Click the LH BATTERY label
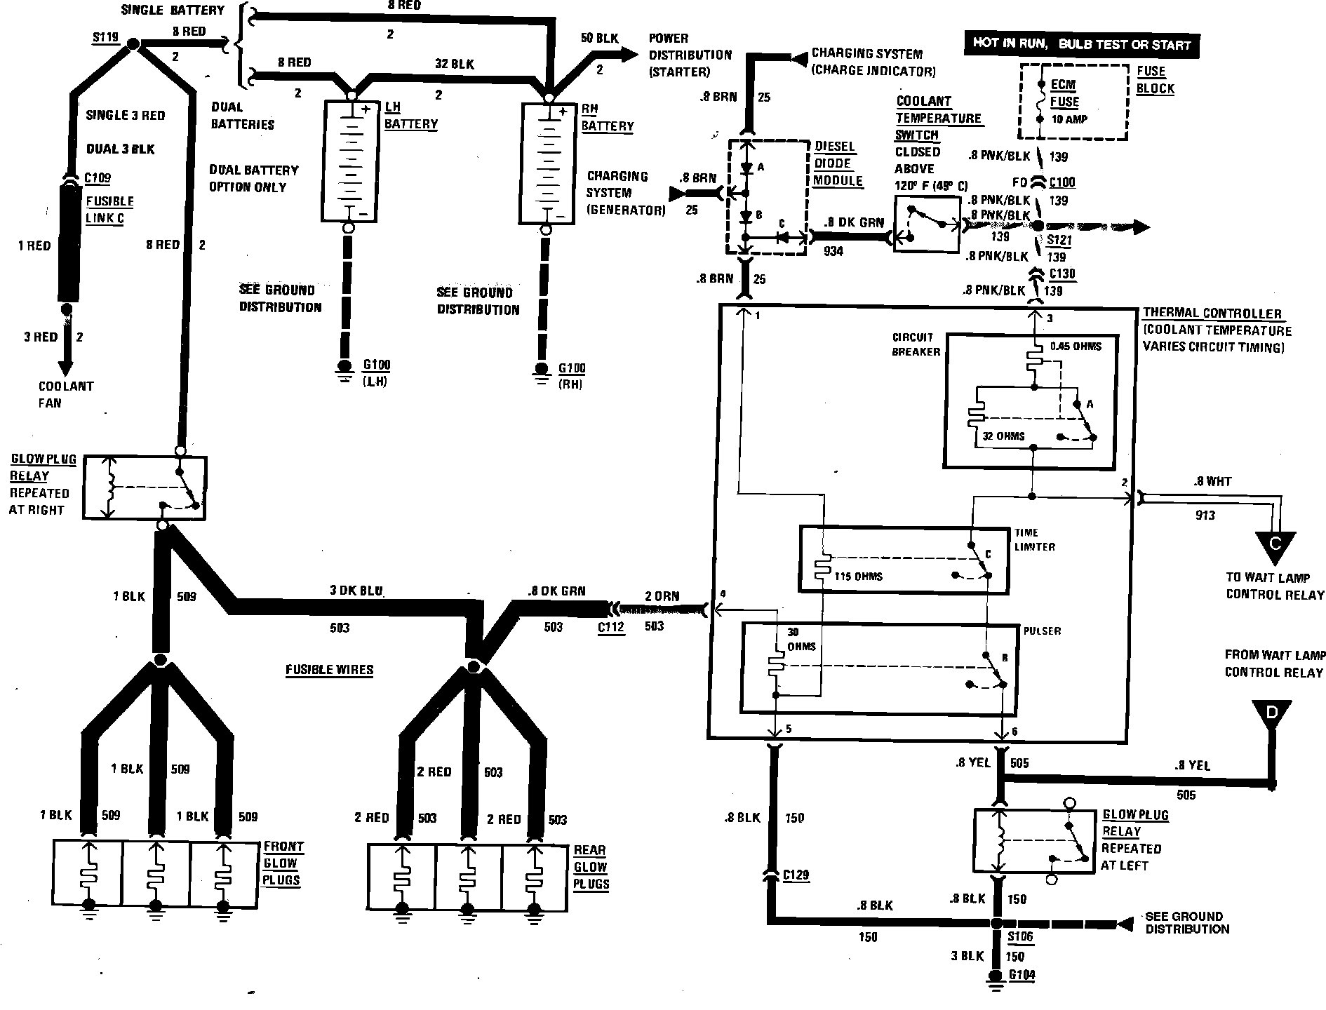pyautogui.click(x=410, y=116)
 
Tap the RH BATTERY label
pyautogui.click(x=607, y=118)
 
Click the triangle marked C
pyautogui.click(x=1275, y=546)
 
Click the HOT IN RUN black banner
pyautogui.click(x=1081, y=43)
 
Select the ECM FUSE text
pyautogui.click(x=1064, y=93)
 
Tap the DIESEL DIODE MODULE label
pyautogui.click(x=837, y=163)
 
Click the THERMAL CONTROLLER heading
pyautogui.click(x=1212, y=314)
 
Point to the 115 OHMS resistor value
pyautogui.click(x=859, y=577)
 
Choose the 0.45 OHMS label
pyautogui.click(x=1076, y=346)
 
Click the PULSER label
pyautogui.click(x=1042, y=631)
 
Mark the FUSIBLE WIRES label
pyautogui.click(x=329, y=670)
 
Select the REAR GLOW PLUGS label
pyautogui.click(x=590, y=867)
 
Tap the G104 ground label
pyautogui.click(x=1021, y=975)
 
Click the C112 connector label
pyautogui.click(x=610, y=627)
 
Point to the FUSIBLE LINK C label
pyautogui.click(x=109, y=210)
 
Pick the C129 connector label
pyautogui.click(x=796, y=875)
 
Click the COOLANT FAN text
pyautogui.click(x=65, y=394)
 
